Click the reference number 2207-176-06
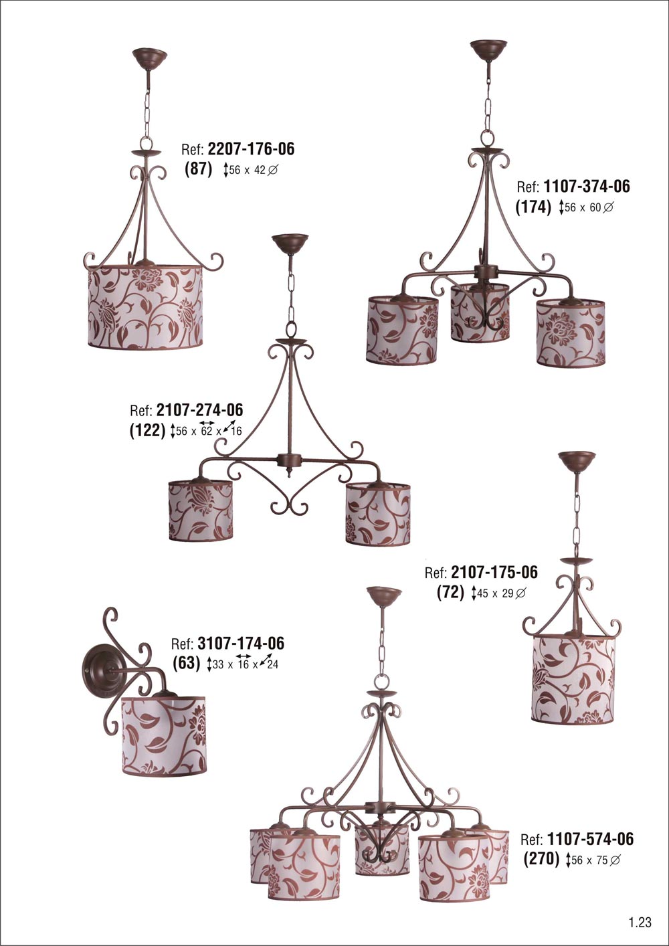pos(251,149)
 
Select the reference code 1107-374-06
pos(587,186)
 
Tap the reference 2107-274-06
pos(200,409)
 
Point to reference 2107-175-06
pos(494,572)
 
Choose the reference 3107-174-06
pos(241,643)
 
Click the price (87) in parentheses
pos(199,169)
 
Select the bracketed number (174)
pos(533,207)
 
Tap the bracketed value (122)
pos(147,430)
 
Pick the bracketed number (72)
pos(451,592)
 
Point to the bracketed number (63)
pos(187,663)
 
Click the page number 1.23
pos(640,922)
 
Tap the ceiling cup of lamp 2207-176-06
pos(149,56)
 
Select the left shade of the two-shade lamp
pos(201,510)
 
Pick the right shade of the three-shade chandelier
pos(571,332)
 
